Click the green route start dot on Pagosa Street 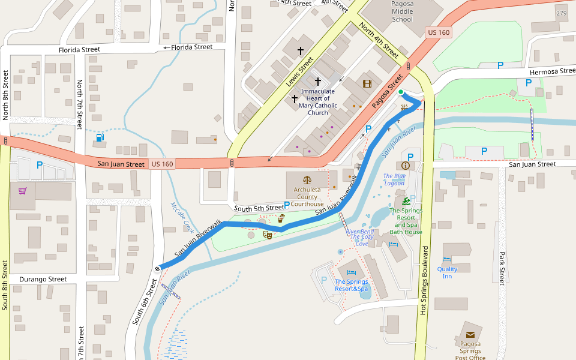401,91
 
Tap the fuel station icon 99,137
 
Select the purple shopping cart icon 23,191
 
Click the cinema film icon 367,83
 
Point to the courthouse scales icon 308,179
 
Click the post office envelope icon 470,335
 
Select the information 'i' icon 406,165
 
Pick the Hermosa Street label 547,71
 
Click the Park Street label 502,268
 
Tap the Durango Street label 43,279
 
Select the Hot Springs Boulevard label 425,280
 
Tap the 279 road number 561,13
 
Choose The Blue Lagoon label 394,179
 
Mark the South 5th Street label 259,208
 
